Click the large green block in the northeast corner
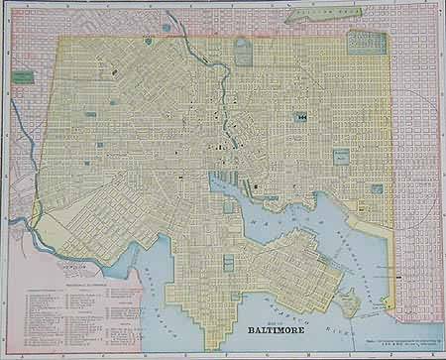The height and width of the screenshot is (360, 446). pos(367,41)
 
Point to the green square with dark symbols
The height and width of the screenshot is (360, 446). pos(298,116)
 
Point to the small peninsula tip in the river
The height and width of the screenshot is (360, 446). pos(348,301)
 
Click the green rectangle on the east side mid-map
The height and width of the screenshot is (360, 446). pos(340,157)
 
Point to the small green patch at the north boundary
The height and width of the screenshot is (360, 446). pos(149,42)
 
